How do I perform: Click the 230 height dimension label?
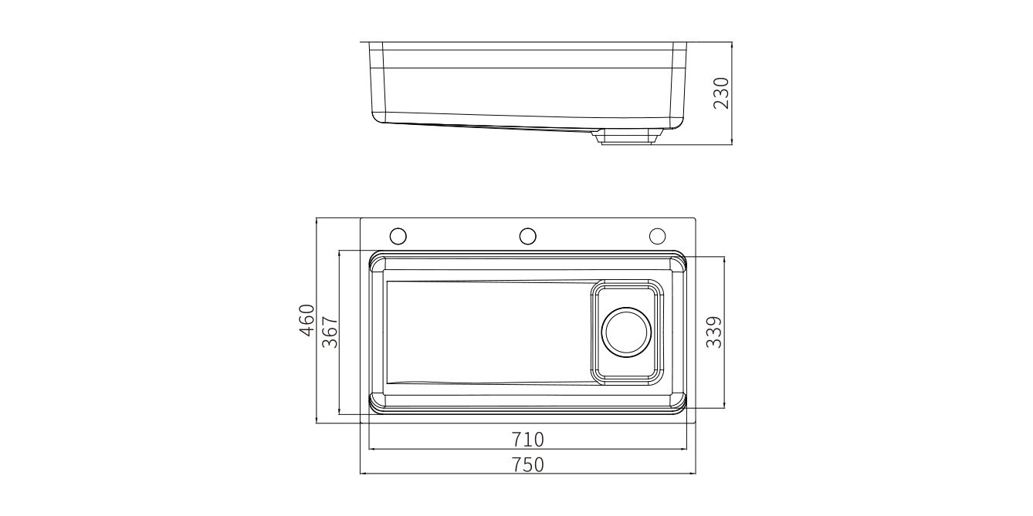point(721,93)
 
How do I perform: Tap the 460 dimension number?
point(307,320)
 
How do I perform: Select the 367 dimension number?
point(330,332)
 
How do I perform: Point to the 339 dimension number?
point(714,332)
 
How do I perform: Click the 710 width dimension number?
point(528,440)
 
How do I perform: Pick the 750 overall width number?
point(528,464)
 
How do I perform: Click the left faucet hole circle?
point(398,236)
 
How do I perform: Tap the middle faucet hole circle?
point(527,236)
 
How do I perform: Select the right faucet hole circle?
point(657,236)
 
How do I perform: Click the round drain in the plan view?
point(626,332)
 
